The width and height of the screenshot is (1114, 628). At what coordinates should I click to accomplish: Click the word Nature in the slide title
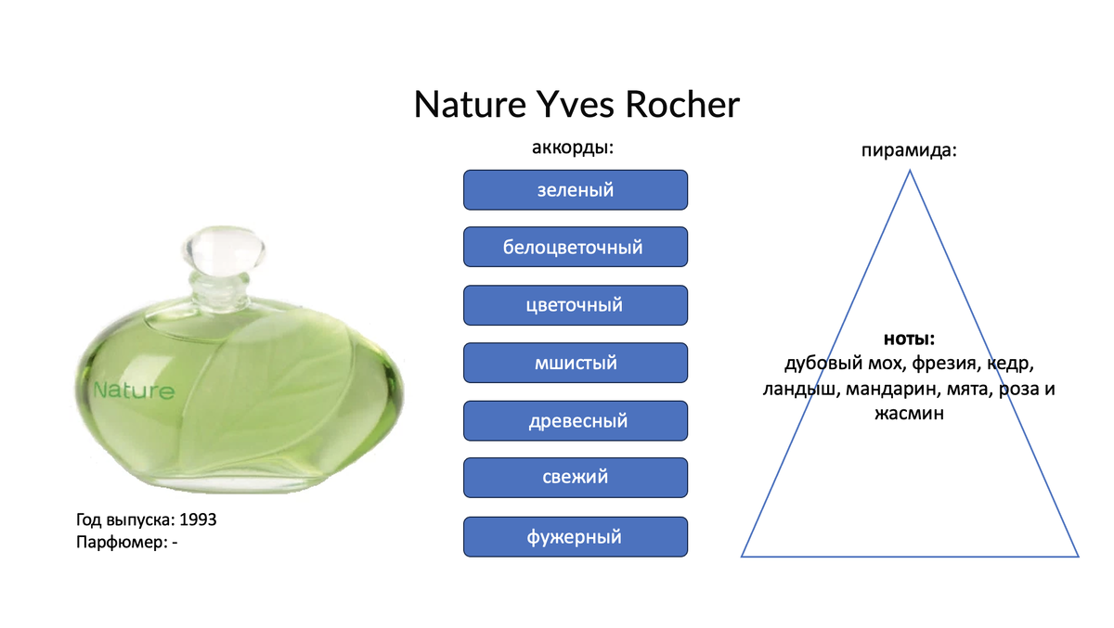point(470,105)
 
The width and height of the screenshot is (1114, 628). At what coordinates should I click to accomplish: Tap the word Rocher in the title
point(682,105)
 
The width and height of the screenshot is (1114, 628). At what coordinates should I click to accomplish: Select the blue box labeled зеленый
point(576,190)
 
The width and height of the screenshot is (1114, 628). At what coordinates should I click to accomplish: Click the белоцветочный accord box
point(576,247)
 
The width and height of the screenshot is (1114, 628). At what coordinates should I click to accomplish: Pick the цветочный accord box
point(576,305)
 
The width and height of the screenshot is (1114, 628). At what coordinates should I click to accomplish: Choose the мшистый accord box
point(576,363)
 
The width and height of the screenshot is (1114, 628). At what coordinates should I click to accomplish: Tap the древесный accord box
point(576,421)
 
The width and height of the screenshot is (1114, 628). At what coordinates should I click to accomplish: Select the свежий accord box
point(576,478)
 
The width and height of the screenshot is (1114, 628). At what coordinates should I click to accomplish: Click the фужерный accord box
point(576,536)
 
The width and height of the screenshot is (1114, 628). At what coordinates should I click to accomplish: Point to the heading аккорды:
point(573,147)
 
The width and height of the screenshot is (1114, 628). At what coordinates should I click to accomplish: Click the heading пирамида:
point(909,150)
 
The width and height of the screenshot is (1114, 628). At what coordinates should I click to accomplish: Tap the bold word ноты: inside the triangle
point(909,339)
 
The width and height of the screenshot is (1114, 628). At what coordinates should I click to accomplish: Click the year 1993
point(198,519)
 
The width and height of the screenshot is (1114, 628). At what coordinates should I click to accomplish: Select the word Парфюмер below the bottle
point(122,542)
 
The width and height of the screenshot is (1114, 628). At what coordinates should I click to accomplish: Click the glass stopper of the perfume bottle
point(224,250)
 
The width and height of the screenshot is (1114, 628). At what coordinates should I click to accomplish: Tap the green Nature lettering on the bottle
point(135,391)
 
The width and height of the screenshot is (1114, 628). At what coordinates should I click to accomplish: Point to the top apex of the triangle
point(910,171)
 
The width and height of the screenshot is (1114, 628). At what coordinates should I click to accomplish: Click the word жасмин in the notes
point(909,414)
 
